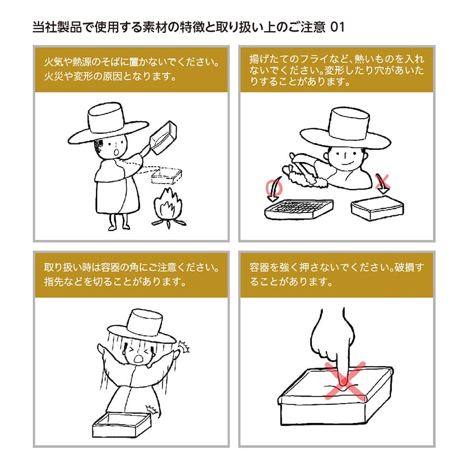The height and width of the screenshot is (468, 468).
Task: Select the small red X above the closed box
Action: point(383,183)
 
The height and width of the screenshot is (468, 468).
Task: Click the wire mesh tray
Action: point(299,209)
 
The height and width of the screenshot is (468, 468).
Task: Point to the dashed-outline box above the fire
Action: point(167,174)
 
